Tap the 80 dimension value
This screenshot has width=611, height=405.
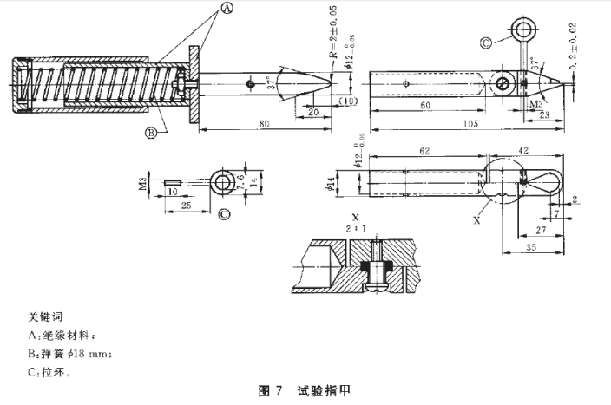pos(265,124)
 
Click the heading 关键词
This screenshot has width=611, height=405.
pos(41,317)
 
